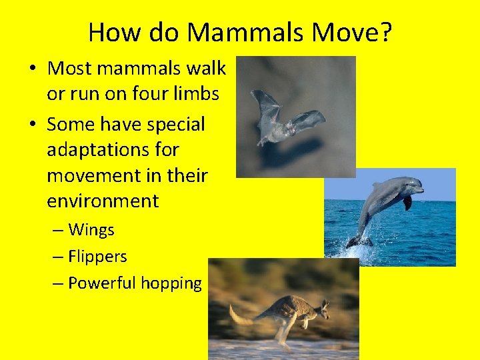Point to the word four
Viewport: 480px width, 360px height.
pos(142,94)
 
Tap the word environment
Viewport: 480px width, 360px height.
pos(103,201)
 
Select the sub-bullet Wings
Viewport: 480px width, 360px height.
pos(91,230)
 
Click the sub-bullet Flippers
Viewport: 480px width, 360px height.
pos(97,256)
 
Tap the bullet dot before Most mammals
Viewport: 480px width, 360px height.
pos(33,69)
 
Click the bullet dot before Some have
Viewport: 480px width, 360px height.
pos(33,125)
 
